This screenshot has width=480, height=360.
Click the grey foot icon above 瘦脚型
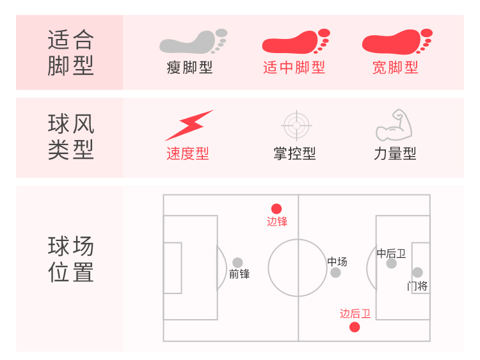click(x=192, y=42)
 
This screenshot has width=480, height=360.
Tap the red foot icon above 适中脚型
click(x=295, y=42)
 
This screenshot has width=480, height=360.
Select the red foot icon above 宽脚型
click(x=397, y=42)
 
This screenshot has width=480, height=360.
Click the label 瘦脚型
click(x=189, y=68)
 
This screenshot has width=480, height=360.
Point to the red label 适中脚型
click(x=294, y=68)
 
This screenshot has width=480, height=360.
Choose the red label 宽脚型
click(x=396, y=68)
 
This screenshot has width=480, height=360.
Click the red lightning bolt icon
click(x=188, y=125)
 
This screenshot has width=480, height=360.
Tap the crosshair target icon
click(x=295, y=125)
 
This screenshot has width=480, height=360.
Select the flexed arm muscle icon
click(x=394, y=125)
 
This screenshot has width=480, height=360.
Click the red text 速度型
click(x=188, y=154)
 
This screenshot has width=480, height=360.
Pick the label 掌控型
click(x=294, y=154)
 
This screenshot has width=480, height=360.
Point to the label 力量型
click(x=395, y=154)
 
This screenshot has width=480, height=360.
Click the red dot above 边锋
click(x=276, y=208)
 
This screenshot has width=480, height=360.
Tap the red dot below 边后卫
click(x=355, y=327)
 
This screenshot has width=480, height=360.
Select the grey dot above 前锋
click(x=238, y=262)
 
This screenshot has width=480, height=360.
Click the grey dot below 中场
click(x=336, y=273)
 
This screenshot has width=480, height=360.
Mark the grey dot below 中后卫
click(x=392, y=263)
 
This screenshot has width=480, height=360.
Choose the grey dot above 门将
click(x=418, y=272)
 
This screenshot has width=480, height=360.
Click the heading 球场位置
click(x=70, y=259)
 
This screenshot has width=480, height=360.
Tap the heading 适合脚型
click(x=70, y=52)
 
